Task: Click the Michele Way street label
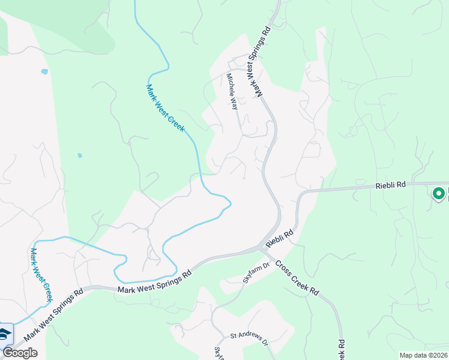coord(232,91)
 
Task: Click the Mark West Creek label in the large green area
coord(166,108)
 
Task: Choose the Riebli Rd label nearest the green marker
coord(391,186)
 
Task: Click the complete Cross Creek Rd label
coord(298,279)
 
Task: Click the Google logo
coord(20,353)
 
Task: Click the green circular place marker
coord(439,193)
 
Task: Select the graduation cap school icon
coord(5,334)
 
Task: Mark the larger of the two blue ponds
coord(44,71)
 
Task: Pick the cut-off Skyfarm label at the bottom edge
coord(218,353)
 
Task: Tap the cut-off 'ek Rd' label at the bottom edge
coord(341,349)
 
